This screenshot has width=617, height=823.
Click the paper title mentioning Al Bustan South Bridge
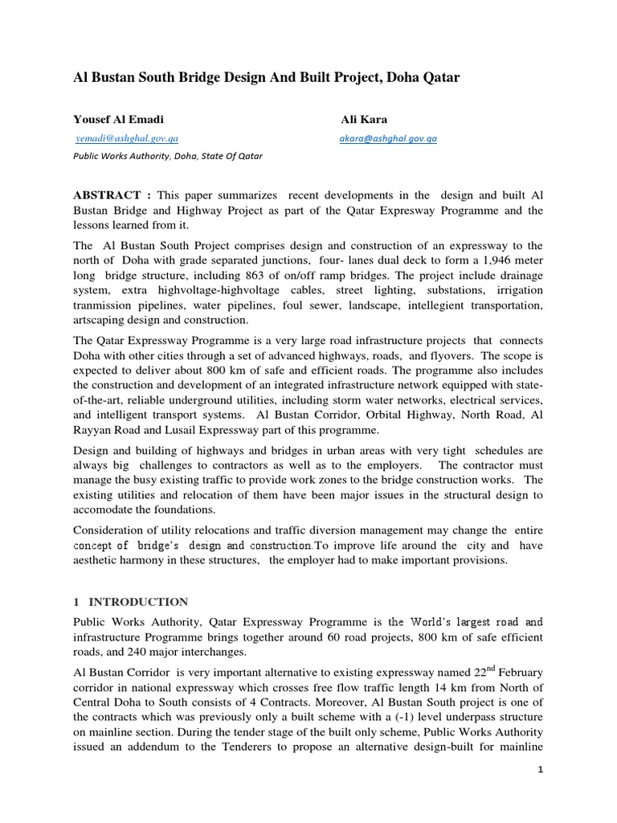[266, 78]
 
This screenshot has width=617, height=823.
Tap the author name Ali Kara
[363, 119]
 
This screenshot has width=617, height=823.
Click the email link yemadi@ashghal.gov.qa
[127, 138]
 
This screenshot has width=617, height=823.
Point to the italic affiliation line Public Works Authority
[167, 157]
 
